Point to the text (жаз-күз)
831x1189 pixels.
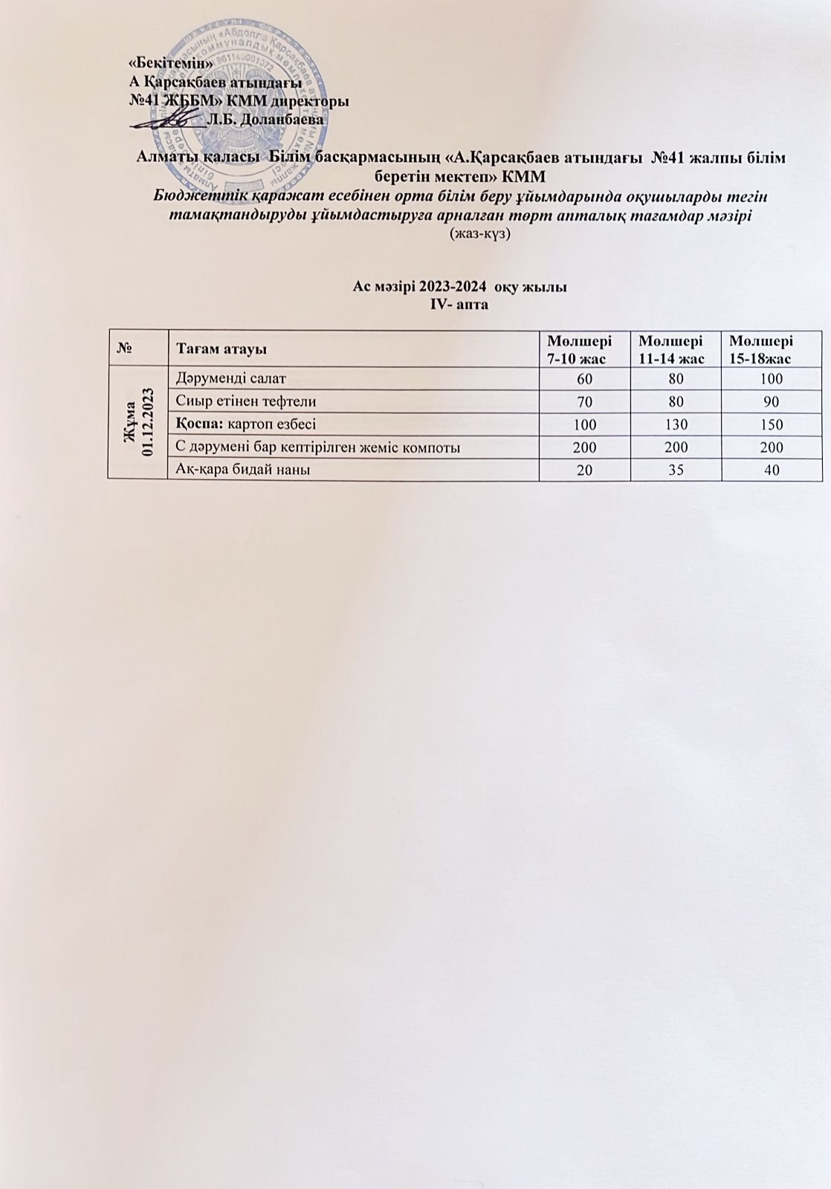click(479, 233)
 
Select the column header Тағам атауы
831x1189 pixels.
click(222, 349)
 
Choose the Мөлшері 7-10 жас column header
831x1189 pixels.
click(579, 349)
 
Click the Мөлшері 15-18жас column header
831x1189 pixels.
click(760, 349)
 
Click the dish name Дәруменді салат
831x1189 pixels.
click(230, 378)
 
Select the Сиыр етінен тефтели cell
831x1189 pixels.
click(246, 401)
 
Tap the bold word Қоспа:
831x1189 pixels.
click(199, 424)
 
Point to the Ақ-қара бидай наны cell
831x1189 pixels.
click(243, 470)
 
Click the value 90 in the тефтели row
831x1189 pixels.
click(771, 401)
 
